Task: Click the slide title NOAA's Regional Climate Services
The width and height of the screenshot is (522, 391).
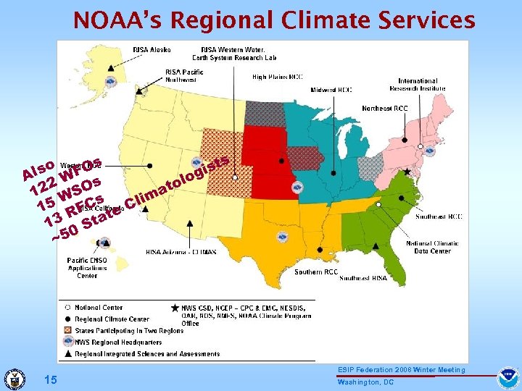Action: pos(274,20)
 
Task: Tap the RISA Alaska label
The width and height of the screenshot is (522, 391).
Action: pos(152,49)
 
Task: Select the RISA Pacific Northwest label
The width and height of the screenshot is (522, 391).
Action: pos(183,75)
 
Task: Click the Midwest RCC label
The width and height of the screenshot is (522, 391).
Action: pos(331,90)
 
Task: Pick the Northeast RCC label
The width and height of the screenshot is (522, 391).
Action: pos(385,109)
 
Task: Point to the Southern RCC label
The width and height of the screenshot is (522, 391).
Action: pos(316,272)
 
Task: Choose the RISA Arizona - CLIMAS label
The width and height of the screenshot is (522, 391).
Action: pos(181,253)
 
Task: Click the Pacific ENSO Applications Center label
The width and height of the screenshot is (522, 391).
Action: pos(87,268)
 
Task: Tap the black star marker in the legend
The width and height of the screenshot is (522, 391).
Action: pos(174,308)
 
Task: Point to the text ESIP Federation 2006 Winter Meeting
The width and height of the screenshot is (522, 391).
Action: pos(401,370)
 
